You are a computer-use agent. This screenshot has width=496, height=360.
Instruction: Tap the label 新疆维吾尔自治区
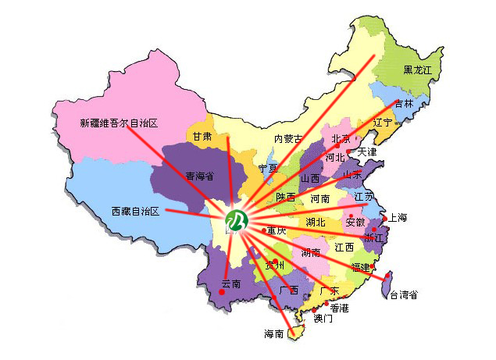tap(120, 123)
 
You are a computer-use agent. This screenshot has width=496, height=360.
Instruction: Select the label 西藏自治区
tap(135, 212)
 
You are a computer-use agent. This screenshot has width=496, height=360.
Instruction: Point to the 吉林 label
tap(404, 104)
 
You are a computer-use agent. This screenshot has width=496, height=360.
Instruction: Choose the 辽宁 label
tap(383, 123)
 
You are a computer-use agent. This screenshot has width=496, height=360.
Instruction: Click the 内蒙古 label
tap(287, 138)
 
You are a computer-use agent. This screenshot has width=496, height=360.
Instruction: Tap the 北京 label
tap(341, 139)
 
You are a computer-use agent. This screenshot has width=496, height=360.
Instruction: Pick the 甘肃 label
tap(202, 136)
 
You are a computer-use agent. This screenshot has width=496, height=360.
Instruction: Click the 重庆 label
tap(277, 231)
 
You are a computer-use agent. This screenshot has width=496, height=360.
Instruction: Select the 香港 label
tap(340, 308)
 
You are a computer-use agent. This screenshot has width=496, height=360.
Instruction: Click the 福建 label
tap(361, 267)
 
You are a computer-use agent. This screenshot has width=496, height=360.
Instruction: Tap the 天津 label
tap(367, 151)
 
